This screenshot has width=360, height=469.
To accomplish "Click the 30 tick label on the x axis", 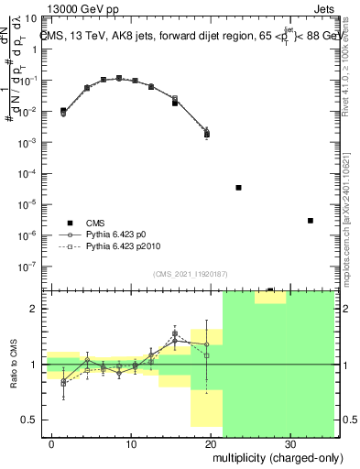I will [289, 442].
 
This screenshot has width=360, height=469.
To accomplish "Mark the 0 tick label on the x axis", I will [52, 442].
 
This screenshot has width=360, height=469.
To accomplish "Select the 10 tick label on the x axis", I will [131, 442].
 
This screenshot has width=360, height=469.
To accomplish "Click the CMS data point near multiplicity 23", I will [238, 188].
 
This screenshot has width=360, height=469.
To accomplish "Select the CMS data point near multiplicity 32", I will [311, 221].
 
